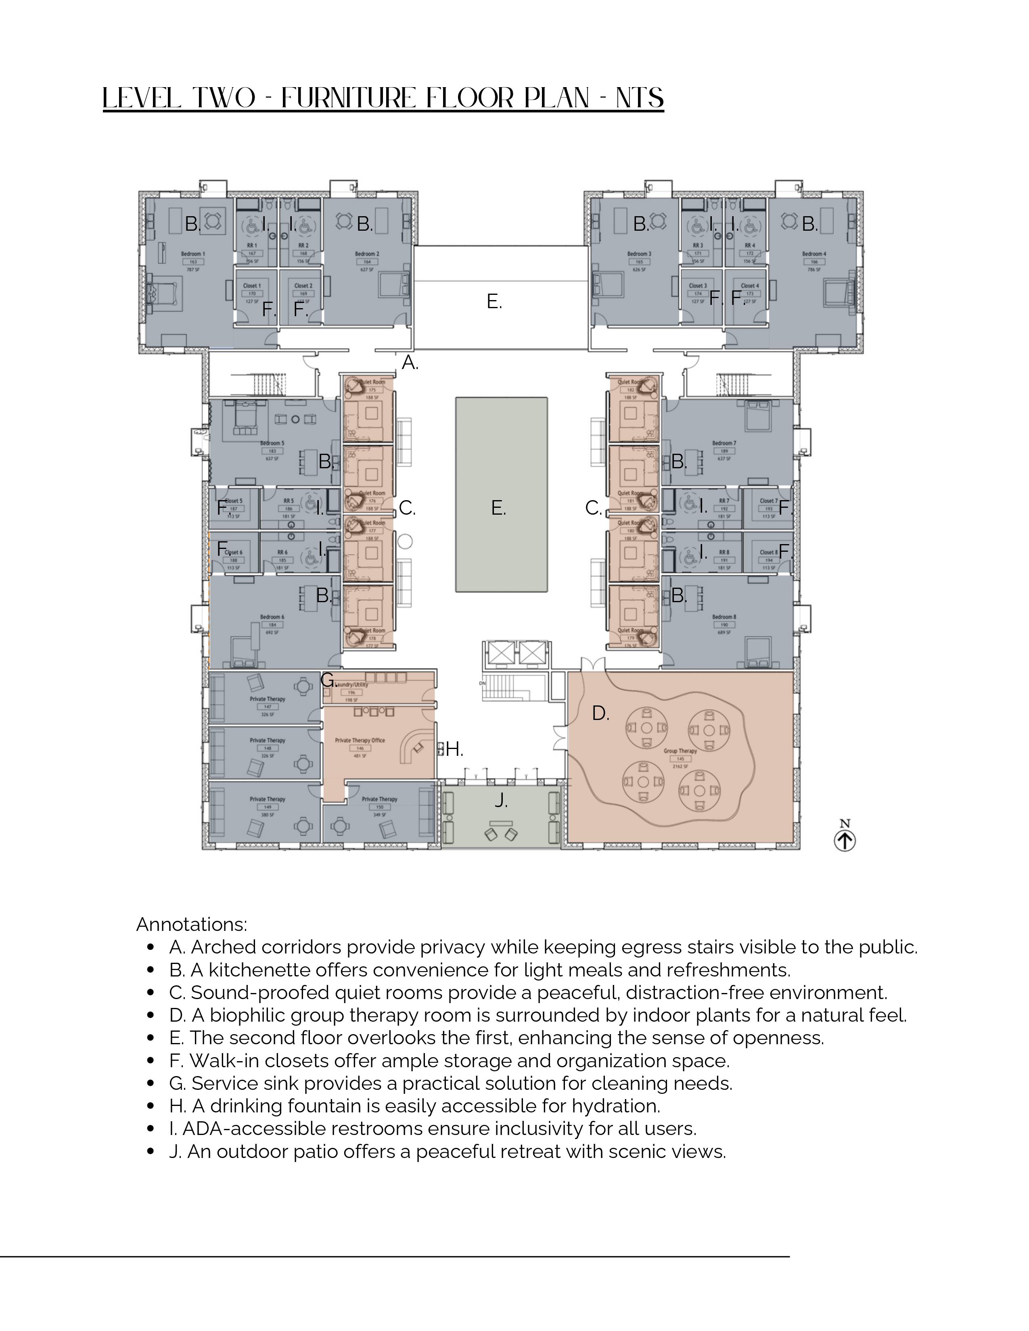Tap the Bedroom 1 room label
click(x=193, y=254)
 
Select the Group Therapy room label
click(x=680, y=751)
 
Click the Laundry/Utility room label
click(x=352, y=684)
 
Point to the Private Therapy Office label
click(x=360, y=741)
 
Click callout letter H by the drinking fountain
click(x=454, y=749)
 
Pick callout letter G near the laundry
click(x=327, y=680)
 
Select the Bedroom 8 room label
click(x=724, y=617)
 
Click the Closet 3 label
click(x=698, y=285)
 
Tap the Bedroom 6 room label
click(x=272, y=617)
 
